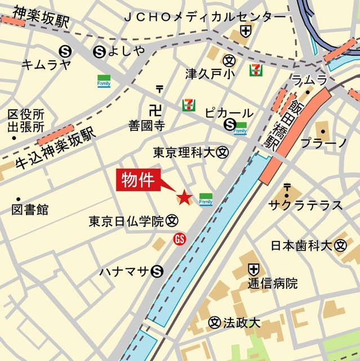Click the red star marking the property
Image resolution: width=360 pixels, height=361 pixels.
(184, 197)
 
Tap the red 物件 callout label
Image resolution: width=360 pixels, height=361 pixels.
(139, 180)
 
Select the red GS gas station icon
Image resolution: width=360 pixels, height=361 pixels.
(180, 239)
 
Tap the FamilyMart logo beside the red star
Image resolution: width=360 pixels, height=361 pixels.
(206, 199)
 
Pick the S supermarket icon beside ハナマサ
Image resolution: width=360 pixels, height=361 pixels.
(157, 272)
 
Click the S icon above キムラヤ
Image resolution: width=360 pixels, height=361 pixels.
(66, 51)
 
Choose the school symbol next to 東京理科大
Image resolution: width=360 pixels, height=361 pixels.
(224, 152)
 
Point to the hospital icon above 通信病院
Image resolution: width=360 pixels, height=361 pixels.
(255, 269)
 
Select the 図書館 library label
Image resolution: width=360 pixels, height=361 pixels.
(30, 210)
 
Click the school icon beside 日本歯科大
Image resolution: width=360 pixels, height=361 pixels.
(340, 245)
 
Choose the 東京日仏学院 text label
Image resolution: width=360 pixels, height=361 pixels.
(126, 222)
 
